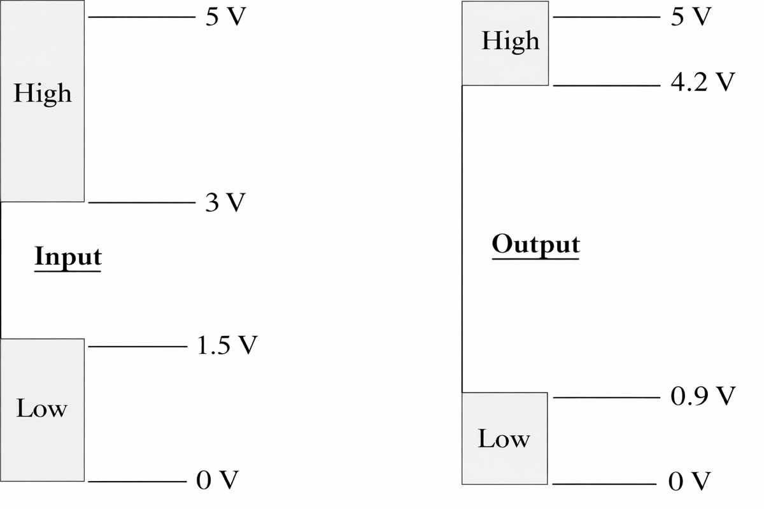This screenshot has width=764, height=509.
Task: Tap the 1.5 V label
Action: (227, 345)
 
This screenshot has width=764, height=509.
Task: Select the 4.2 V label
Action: (703, 82)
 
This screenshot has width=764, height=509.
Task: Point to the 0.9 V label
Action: (703, 396)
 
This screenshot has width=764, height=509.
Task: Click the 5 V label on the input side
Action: (225, 16)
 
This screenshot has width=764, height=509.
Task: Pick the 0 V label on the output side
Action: (690, 480)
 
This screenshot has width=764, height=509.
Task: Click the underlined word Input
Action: (68, 257)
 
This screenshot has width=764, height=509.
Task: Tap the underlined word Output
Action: (535, 244)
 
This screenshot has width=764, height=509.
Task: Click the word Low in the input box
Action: (41, 408)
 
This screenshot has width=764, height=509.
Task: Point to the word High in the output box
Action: (511, 41)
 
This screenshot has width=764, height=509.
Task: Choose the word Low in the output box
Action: (504, 438)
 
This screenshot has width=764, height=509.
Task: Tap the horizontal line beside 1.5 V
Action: (138, 347)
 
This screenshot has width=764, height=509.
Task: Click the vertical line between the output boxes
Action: (462, 239)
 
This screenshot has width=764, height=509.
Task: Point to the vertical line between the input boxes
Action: (1, 270)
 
